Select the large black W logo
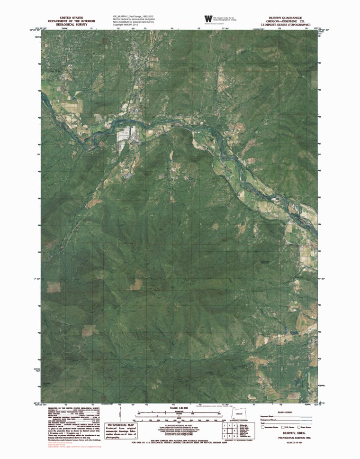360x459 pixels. click(208, 18)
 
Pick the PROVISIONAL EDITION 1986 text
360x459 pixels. click(289, 437)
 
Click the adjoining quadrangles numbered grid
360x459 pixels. click(228, 431)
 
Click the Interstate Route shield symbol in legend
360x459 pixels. click(263, 427)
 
